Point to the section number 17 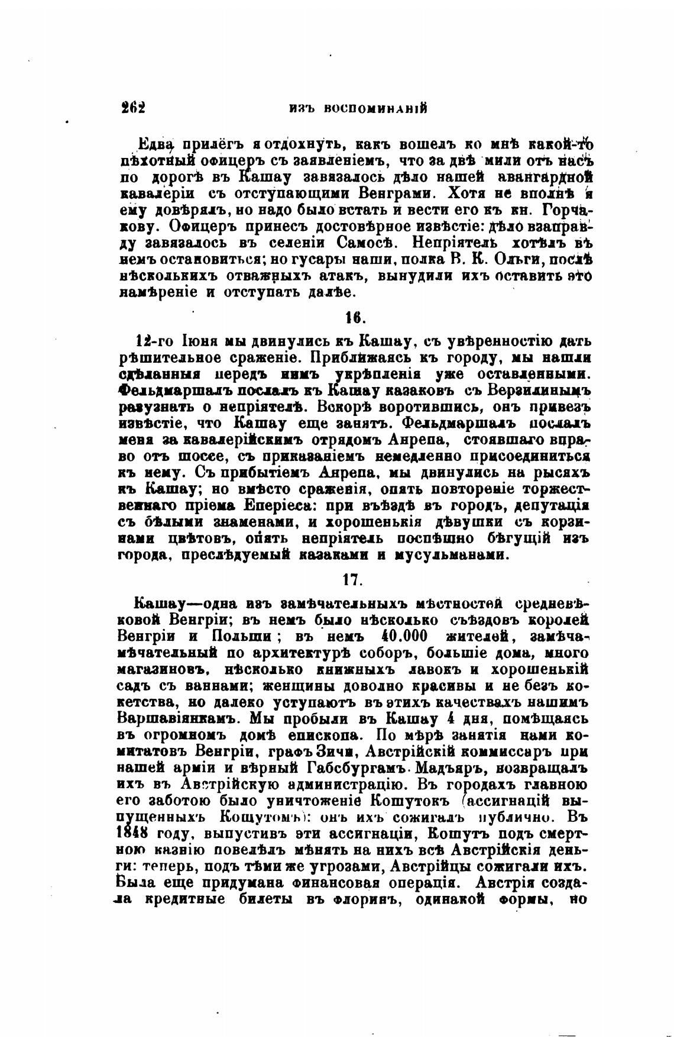pos(352,579)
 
